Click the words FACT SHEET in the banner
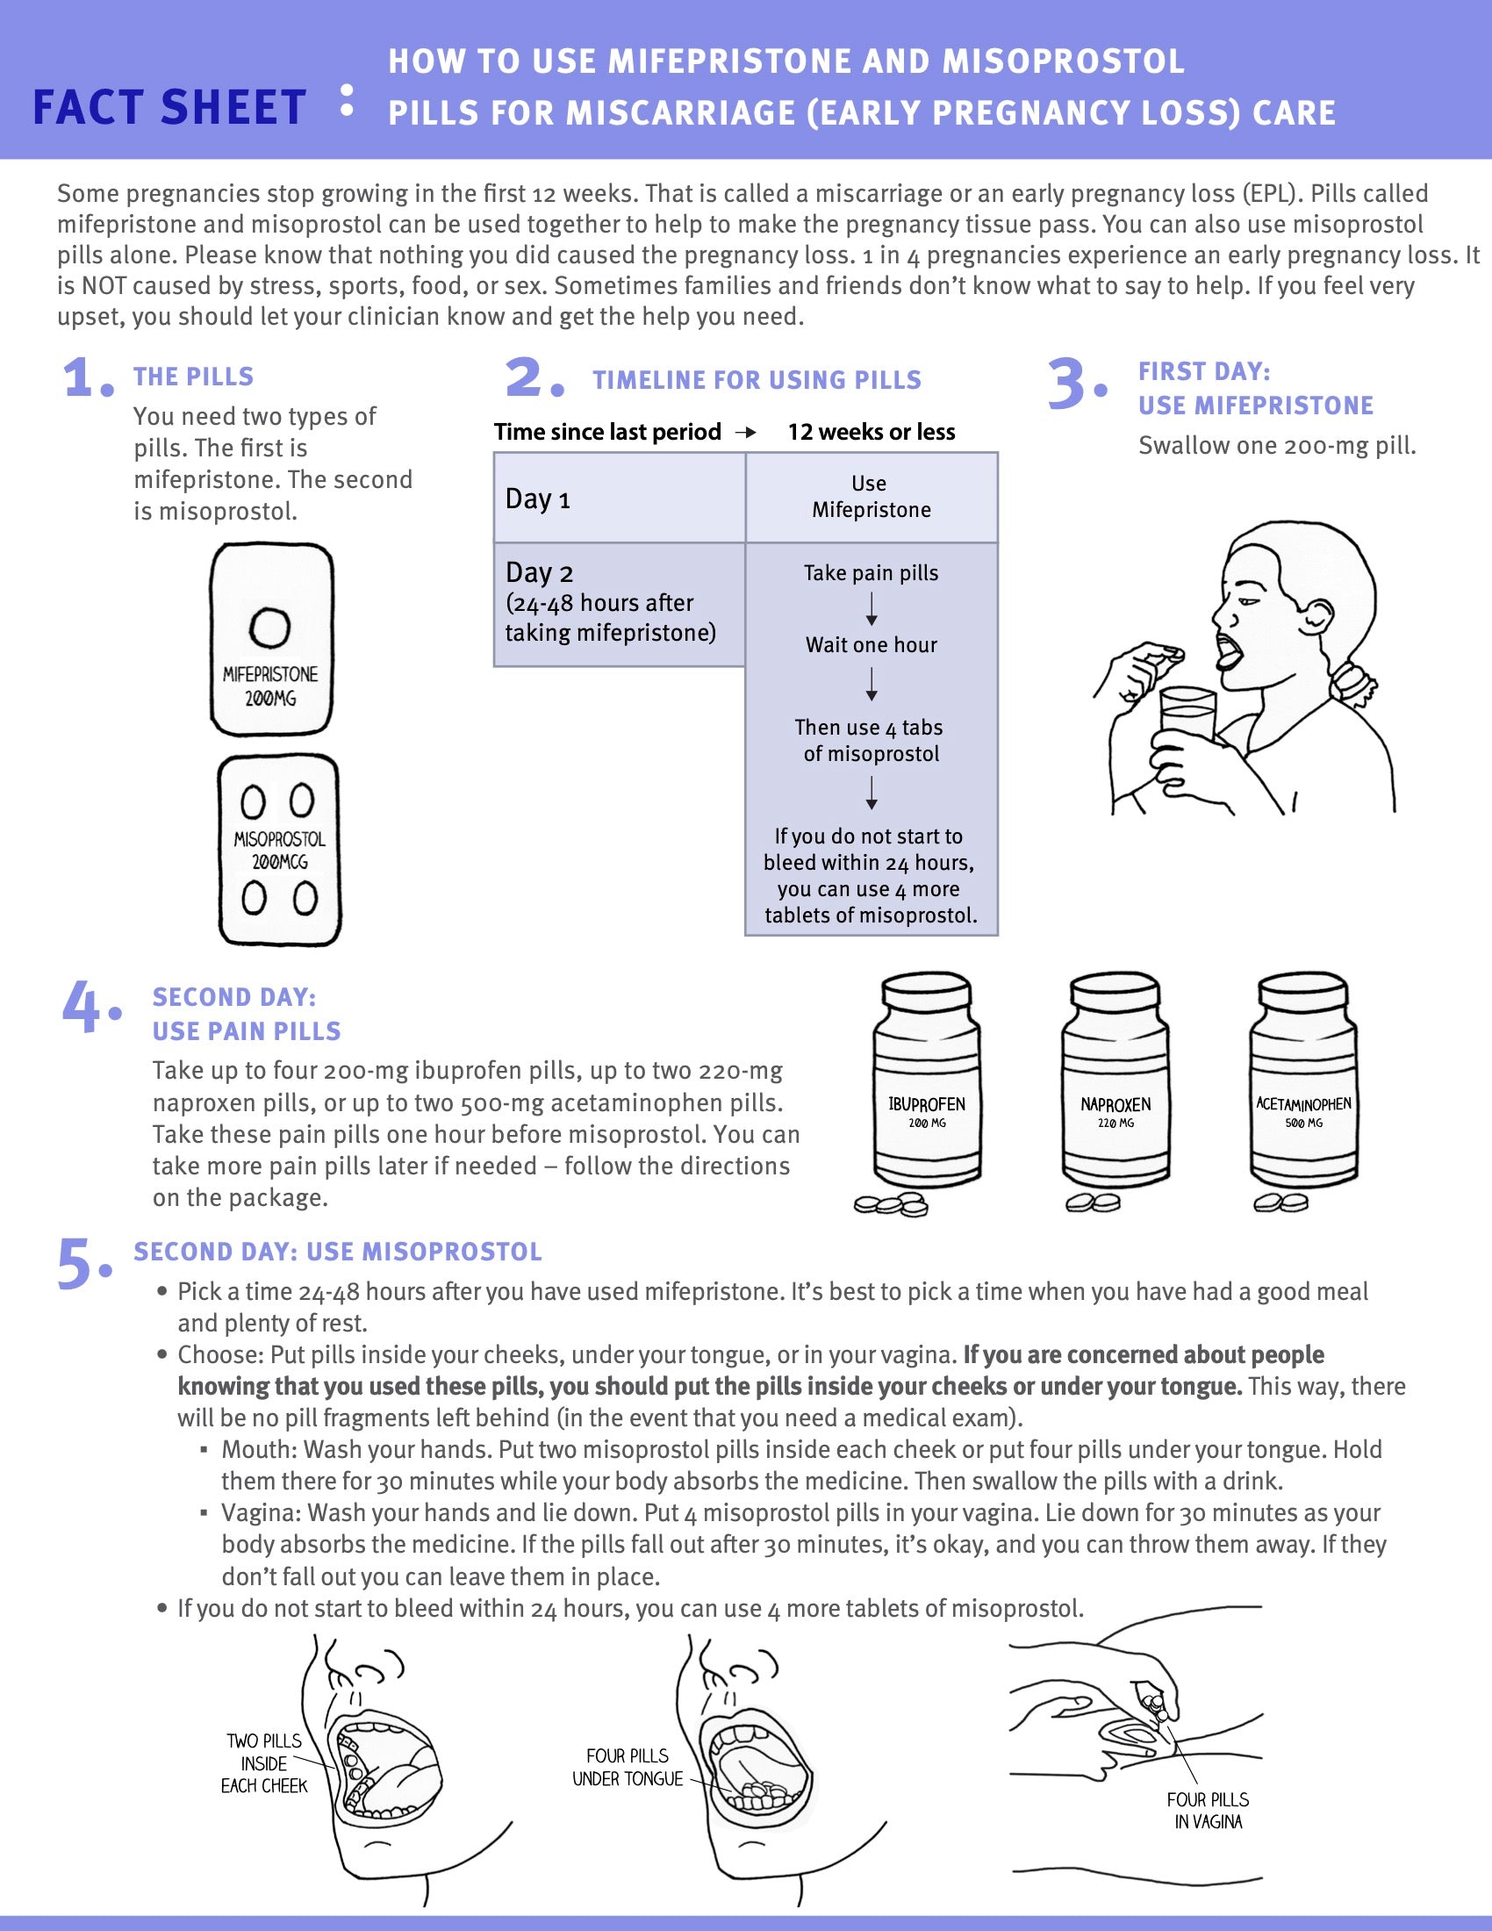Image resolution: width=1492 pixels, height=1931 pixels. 169,108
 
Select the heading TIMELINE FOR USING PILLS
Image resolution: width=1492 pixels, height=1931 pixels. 757,380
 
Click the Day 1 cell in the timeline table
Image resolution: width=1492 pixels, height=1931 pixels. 619,498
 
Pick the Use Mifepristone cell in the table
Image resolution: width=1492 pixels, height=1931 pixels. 871,497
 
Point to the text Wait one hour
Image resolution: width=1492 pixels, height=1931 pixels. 871,644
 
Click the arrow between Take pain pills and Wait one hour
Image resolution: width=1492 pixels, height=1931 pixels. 872,609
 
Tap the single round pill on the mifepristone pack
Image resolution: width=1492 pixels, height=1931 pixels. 269,628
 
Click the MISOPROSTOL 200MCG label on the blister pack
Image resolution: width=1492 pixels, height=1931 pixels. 279,850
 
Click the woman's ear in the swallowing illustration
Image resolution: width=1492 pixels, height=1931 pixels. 1318,614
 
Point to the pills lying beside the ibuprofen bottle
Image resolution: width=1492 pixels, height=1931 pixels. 891,1204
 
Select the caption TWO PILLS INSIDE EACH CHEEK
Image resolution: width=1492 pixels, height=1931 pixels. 263,1763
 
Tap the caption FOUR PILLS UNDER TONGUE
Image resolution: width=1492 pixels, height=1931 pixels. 628,1767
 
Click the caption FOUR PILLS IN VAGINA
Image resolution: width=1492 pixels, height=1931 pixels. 1208,1810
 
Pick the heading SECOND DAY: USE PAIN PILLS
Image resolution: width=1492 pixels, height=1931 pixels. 246,1014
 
